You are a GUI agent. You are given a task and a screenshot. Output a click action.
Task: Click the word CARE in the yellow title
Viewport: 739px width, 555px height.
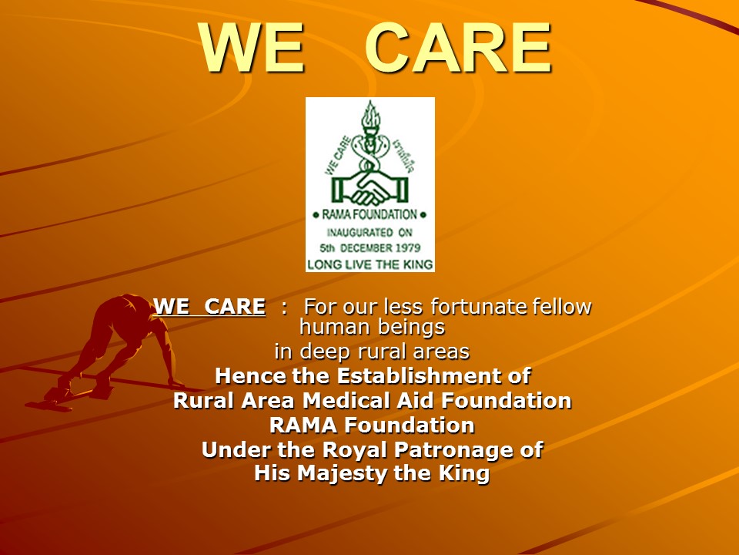(x=457, y=48)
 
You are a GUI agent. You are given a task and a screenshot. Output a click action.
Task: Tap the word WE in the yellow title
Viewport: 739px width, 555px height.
(x=252, y=48)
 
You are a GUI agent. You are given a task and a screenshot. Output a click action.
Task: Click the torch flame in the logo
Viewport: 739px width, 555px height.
(x=370, y=113)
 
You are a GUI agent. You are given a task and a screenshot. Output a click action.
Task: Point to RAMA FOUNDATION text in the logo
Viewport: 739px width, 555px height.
(x=369, y=215)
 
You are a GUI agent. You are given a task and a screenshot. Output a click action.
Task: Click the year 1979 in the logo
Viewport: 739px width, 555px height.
(x=408, y=247)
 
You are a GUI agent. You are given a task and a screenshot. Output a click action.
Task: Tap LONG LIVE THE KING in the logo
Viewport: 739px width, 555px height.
(x=370, y=264)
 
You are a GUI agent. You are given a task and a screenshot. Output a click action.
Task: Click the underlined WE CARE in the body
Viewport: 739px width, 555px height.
(x=209, y=306)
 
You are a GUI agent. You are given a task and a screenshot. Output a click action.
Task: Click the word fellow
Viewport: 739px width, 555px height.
(x=562, y=306)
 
